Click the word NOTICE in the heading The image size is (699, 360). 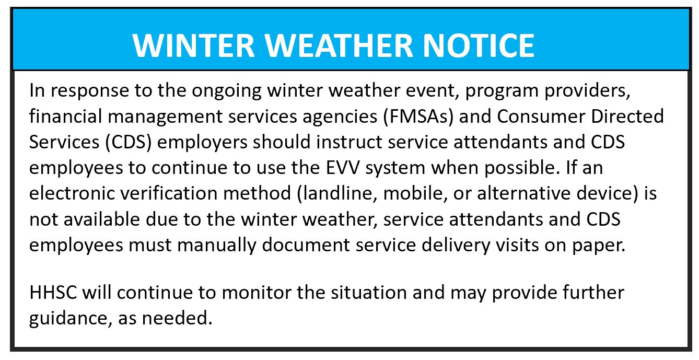click(x=479, y=45)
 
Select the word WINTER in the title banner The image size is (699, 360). click(x=194, y=45)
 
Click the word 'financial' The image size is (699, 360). click(x=65, y=117)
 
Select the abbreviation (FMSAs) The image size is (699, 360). click(x=418, y=117)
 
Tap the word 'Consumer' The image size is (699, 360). click(x=541, y=117)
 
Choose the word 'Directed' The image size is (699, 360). click(x=627, y=117)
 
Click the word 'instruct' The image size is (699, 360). click(x=349, y=142)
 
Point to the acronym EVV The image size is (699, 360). click(x=343, y=168)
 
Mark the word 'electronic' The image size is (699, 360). click(x=72, y=193)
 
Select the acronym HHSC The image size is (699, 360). click(x=53, y=293)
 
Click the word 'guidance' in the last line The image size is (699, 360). click(x=71, y=319)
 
